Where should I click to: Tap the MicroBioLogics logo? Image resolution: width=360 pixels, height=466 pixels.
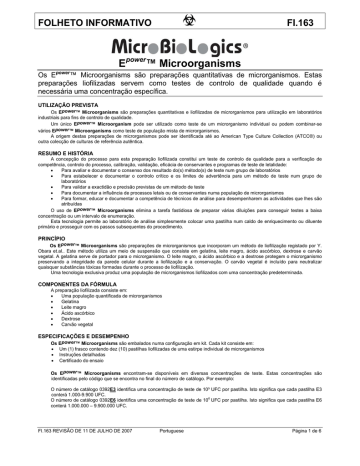180,47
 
